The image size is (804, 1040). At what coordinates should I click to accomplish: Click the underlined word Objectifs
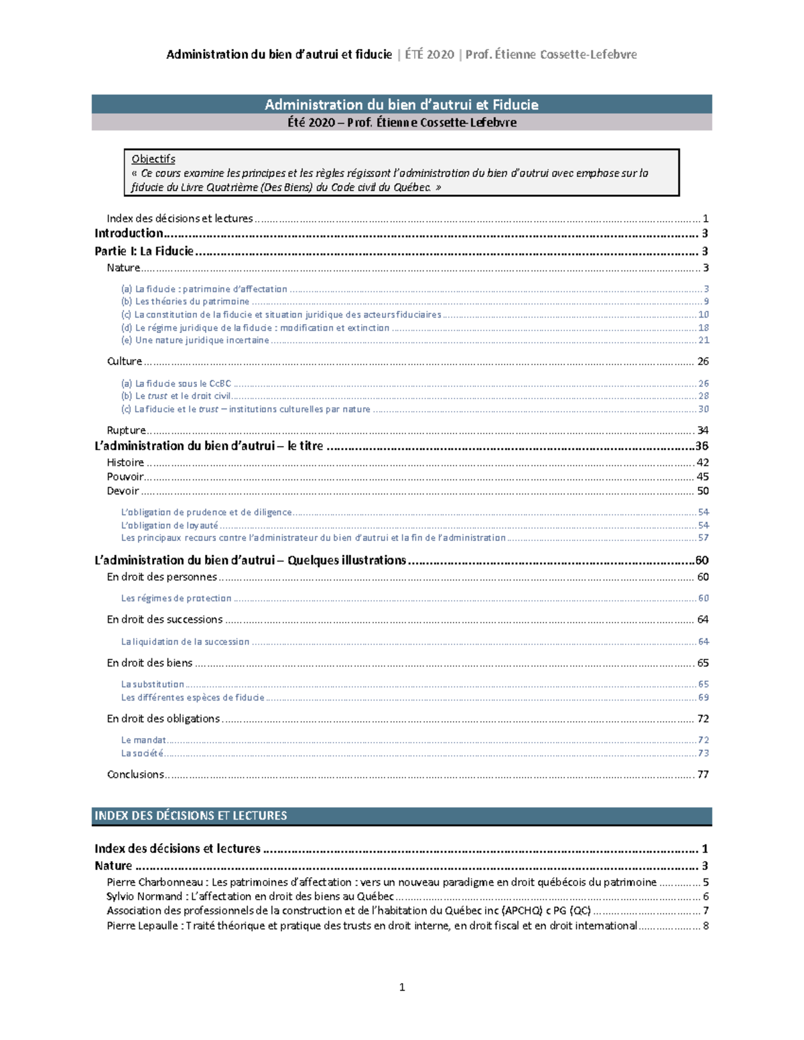[x=153, y=159]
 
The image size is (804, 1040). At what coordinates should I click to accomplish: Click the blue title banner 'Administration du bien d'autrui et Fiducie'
[x=401, y=104]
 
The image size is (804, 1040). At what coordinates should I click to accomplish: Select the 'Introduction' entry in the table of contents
[x=129, y=233]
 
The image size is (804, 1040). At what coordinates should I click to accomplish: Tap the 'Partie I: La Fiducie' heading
[x=143, y=251]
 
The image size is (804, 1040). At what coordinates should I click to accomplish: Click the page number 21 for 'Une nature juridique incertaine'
[x=703, y=340]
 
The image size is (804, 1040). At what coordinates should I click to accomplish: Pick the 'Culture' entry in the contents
[x=125, y=361]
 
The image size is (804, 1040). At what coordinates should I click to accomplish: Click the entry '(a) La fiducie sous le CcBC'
[x=176, y=384]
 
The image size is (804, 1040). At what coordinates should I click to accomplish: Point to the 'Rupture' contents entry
[x=126, y=430]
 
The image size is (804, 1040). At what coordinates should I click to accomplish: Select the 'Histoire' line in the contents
[x=125, y=462]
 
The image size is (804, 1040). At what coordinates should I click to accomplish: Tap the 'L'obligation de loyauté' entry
[x=170, y=526]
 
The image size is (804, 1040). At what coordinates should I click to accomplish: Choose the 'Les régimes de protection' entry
[x=176, y=598]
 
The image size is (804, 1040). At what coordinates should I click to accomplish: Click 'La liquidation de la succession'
[x=185, y=642]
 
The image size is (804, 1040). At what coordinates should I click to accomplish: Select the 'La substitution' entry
[x=152, y=684]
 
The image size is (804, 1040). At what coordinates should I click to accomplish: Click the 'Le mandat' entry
[x=143, y=740]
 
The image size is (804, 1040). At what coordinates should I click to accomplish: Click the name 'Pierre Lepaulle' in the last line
[x=142, y=925]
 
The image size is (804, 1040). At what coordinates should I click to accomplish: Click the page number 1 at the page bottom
[x=402, y=986]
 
